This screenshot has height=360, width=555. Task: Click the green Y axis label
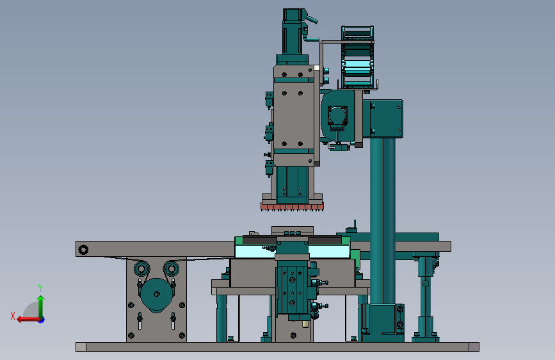[40, 288]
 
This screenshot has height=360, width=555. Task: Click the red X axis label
[13, 316]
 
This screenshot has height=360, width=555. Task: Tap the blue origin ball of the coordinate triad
[42, 320]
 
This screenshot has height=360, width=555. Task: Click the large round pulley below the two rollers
[156, 295]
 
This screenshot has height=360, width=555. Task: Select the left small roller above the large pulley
[141, 268]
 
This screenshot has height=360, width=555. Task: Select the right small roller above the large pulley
[172, 268]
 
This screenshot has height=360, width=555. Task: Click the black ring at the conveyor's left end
[83, 250]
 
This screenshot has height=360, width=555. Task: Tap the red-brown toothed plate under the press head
[292, 206]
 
